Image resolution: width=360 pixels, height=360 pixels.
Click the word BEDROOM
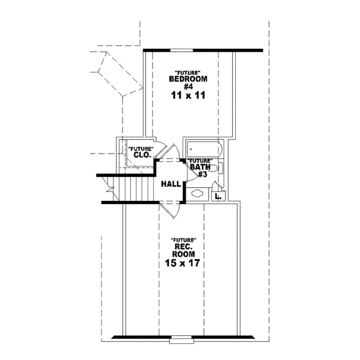[x=188, y=79]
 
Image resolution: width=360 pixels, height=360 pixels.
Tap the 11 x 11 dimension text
[x=188, y=95]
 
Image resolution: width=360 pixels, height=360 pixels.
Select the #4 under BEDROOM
[x=188, y=86]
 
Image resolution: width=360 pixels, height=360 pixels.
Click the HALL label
[x=172, y=184]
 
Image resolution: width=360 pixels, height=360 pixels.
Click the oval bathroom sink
[x=197, y=194]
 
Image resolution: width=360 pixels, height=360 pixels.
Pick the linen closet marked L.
[x=217, y=195]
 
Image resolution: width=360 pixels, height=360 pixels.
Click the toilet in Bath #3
[x=220, y=169]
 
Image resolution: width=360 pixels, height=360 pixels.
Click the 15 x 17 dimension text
[x=184, y=262]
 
